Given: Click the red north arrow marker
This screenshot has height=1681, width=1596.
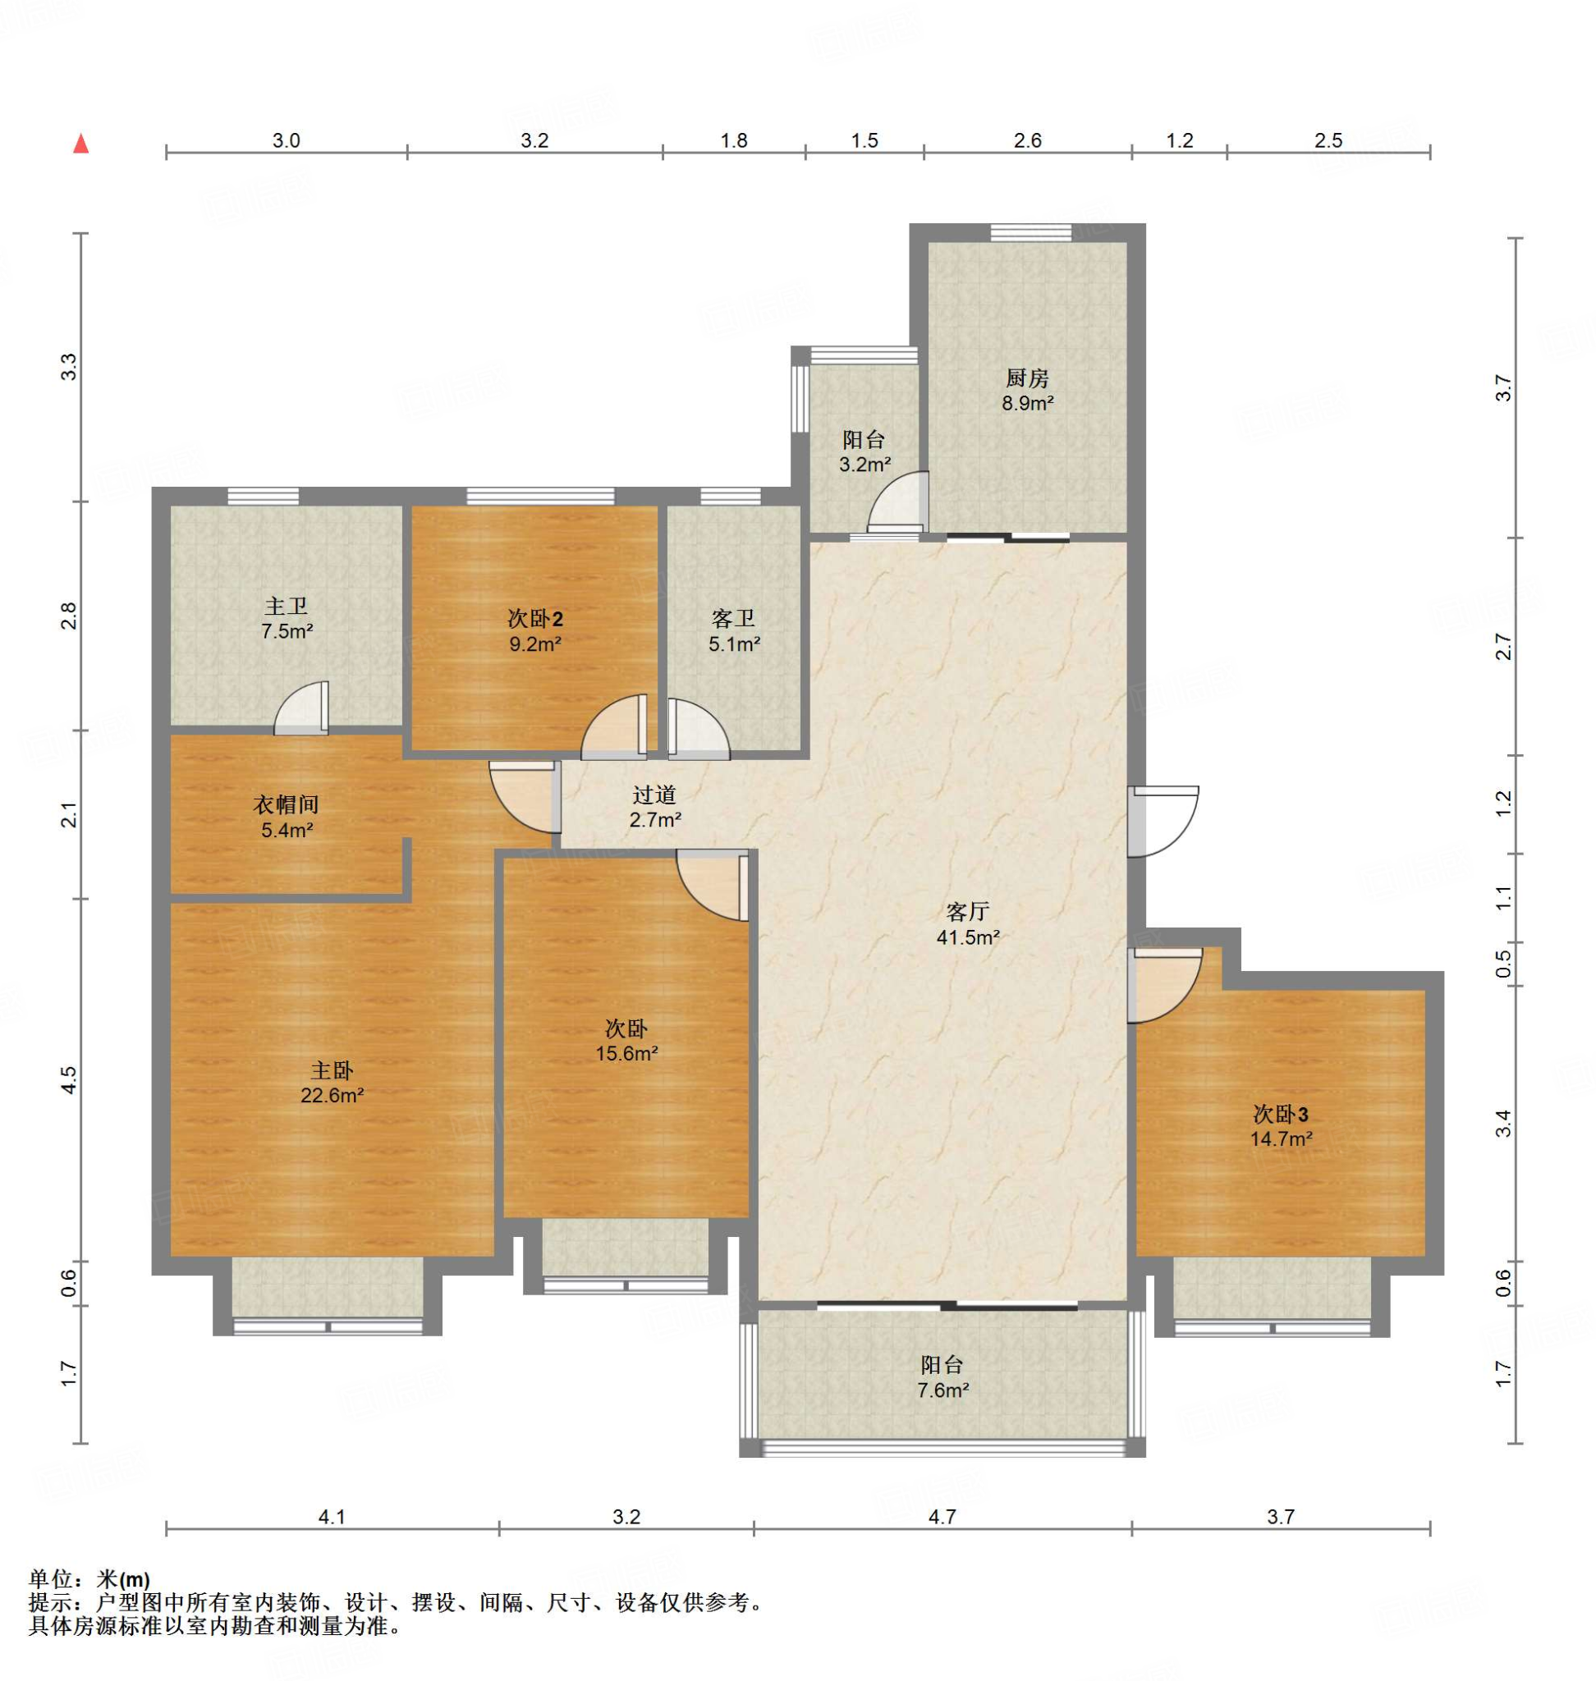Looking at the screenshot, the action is click(x=80, y=144).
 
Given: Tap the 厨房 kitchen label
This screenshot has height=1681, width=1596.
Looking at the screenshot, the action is click(x=1027, y=378).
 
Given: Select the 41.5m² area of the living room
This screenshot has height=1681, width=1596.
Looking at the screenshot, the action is click(x=968, y=937).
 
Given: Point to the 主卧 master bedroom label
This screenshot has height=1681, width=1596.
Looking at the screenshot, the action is click(x=331, y=1070).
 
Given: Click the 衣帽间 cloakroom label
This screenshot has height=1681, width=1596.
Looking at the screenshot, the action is click(x=286, y=804).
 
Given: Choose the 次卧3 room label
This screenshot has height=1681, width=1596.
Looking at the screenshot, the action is click(x=1281, y=1114).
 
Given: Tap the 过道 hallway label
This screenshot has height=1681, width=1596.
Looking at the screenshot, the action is click(x=654, y=795).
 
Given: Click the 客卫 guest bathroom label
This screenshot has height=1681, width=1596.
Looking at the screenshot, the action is click(x=733, y=620).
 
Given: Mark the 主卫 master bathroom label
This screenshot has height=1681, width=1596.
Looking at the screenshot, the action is click(x=286, y=607).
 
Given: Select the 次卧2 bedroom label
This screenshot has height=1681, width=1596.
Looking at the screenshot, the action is click(x=535, y=620).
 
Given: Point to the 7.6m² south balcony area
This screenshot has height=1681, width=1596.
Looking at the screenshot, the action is click(x=942, y=1391).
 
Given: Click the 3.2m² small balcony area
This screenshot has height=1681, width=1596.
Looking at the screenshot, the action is click(x=864, y=465).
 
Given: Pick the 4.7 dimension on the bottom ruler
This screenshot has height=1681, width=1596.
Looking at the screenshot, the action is click(x=942, y=1516).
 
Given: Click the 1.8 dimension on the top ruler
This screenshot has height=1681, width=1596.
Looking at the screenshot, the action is click(x=734, y=140).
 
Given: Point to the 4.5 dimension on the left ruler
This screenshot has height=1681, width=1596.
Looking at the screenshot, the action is click(x=70, y=1079).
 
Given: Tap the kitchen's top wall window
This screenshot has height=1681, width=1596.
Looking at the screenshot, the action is click(x=1031, y=232).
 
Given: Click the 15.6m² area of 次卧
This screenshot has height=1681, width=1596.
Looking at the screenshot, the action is click(x=627, y=1053).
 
